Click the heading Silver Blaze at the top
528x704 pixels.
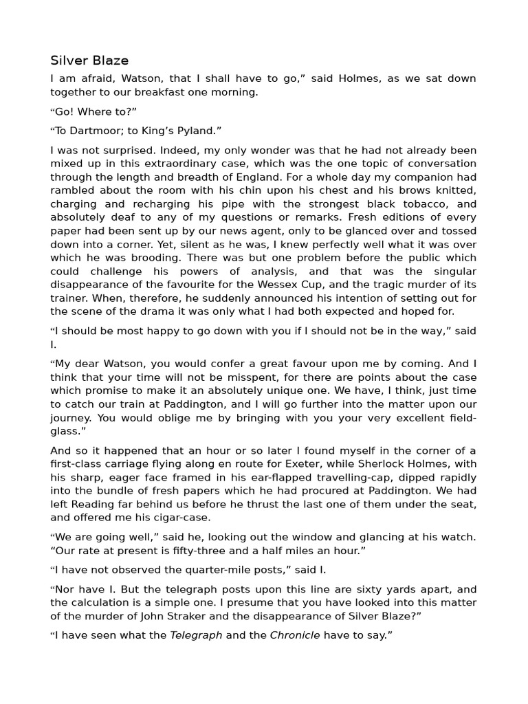point(89,60)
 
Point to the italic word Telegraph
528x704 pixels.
point(196,636)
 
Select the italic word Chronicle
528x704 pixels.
point(295,636)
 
